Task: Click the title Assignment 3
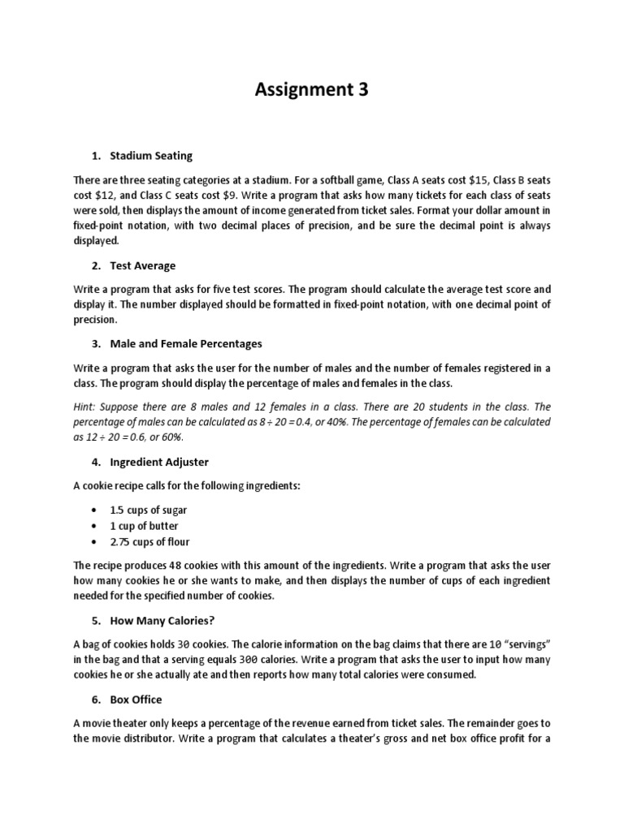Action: point(311,90)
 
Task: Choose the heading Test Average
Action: point(142,265)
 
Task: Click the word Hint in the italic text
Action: point(85,407)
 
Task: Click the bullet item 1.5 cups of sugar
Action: point(148,510)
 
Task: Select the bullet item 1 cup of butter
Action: point(144,526)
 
